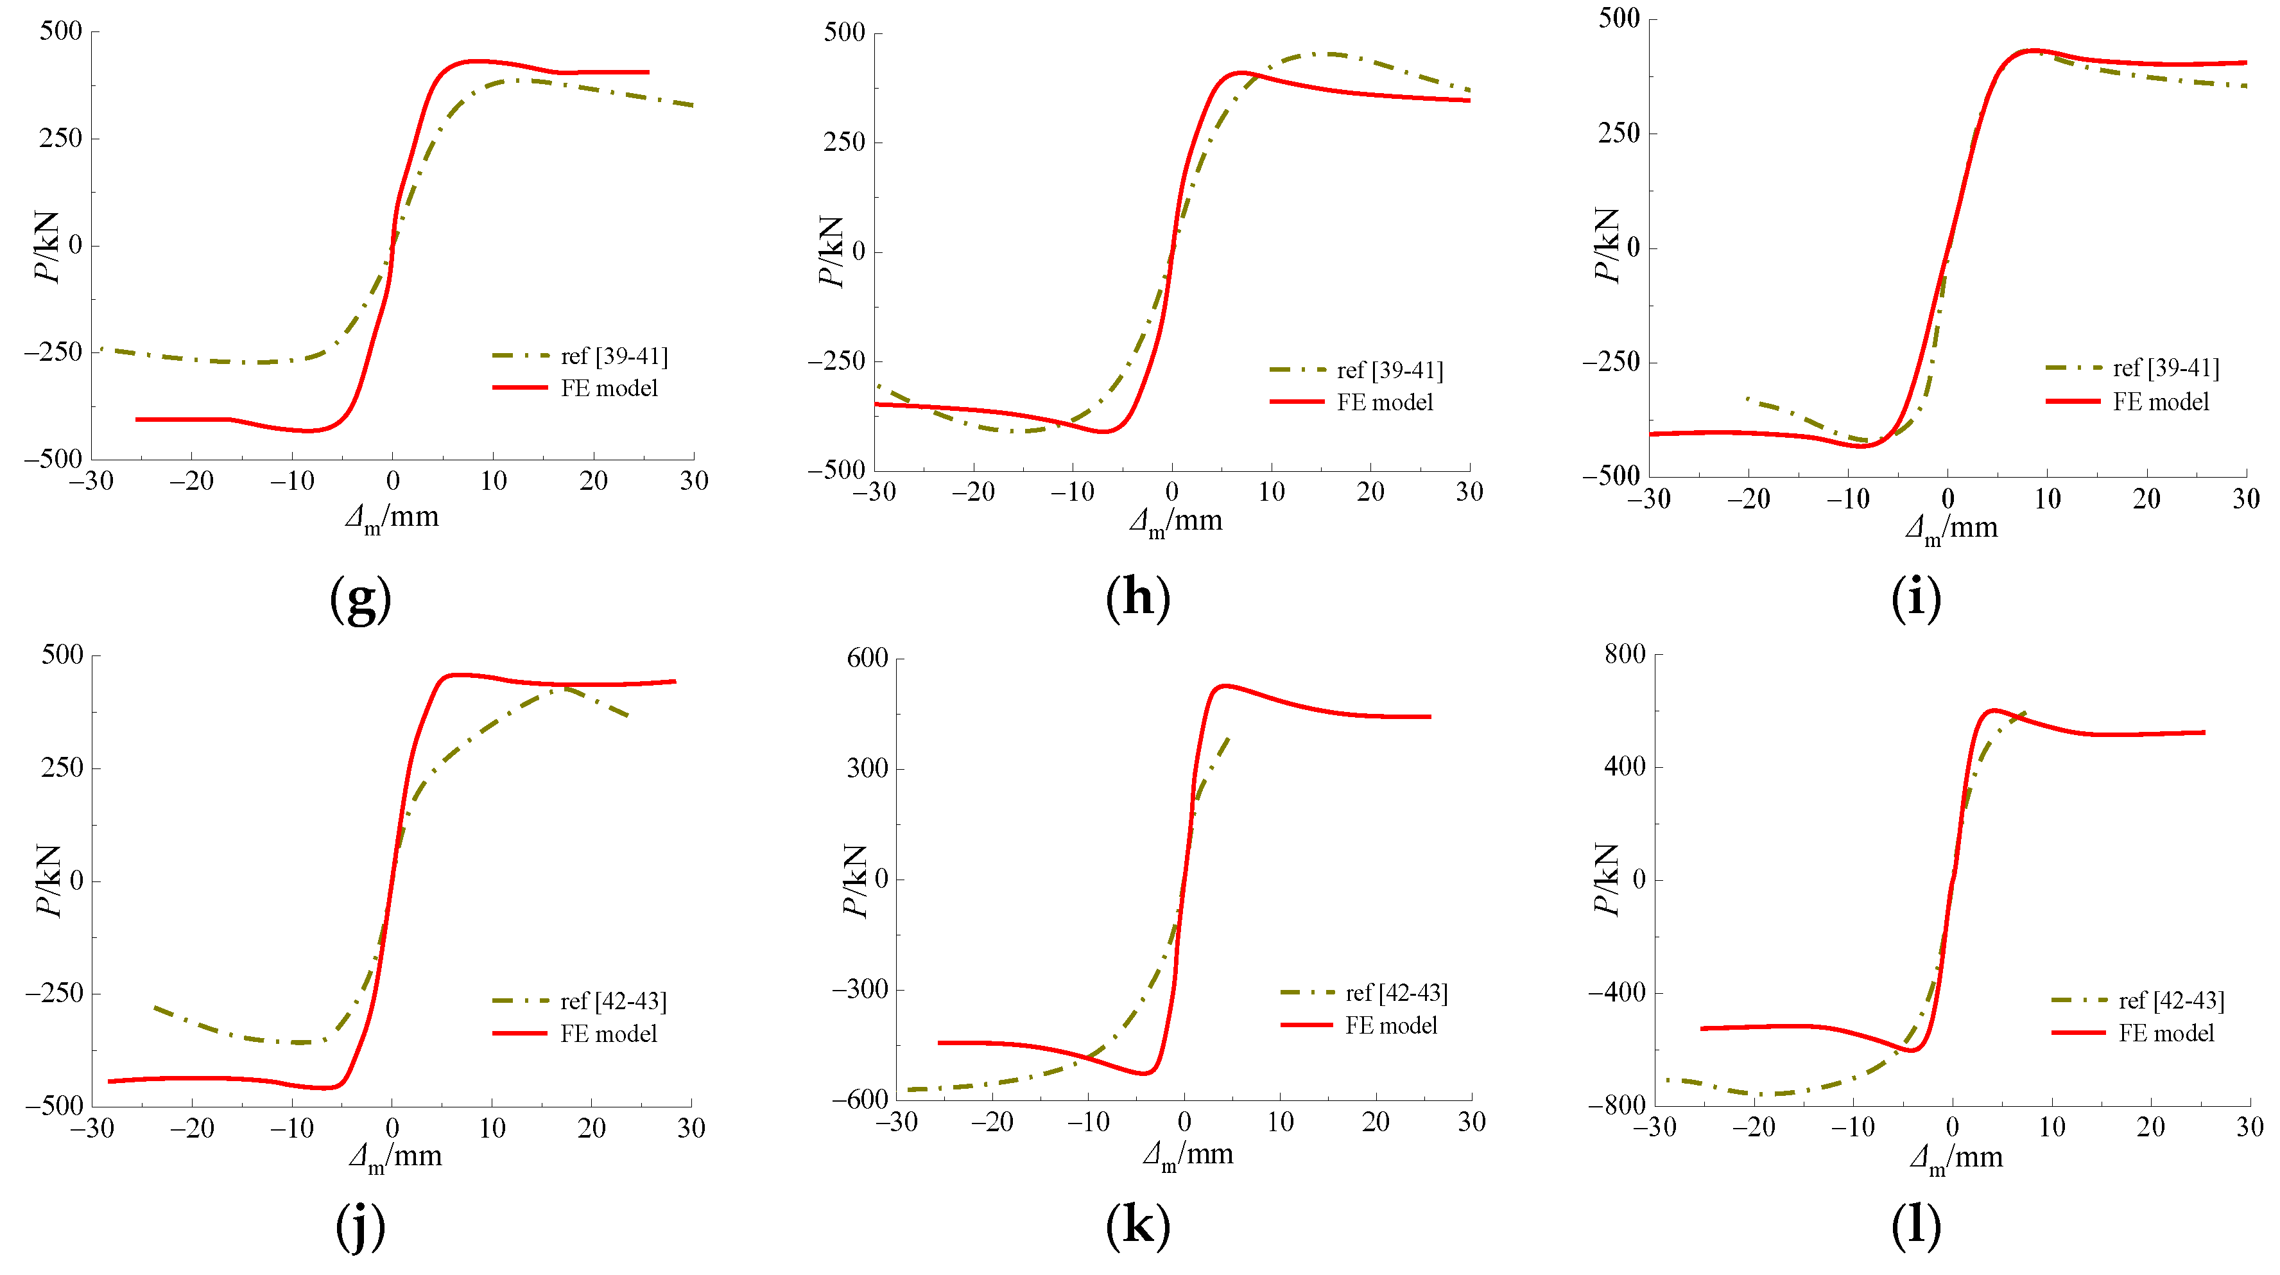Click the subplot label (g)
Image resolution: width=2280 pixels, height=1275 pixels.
tap(360, 600)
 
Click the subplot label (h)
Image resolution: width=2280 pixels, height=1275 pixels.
tap(1137, 600)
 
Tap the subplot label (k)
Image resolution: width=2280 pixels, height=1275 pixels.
tap(1137, 1226)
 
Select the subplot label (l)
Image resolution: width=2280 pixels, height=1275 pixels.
tap(1915, 1226)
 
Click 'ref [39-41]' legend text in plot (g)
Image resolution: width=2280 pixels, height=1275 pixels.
tap(614, 356)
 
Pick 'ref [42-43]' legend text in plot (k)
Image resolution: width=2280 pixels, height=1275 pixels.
tap(1397, 993)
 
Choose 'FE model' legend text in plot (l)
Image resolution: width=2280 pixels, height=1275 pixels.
tap(2166, 1033)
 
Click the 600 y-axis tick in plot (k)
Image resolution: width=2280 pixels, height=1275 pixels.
tap(867, 658)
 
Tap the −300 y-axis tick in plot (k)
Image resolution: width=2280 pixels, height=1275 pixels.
tap(859, 989)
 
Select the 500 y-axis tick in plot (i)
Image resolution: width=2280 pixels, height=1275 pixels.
tap(1619, 19)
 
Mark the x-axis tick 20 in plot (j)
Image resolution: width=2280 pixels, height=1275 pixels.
tap(591, 1128)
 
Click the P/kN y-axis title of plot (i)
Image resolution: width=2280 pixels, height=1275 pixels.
tap(1605, 245)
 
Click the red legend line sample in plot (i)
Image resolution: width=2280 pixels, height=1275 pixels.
tap(2072, 402)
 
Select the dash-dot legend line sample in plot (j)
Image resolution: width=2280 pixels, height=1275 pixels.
tap(519, 1000)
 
